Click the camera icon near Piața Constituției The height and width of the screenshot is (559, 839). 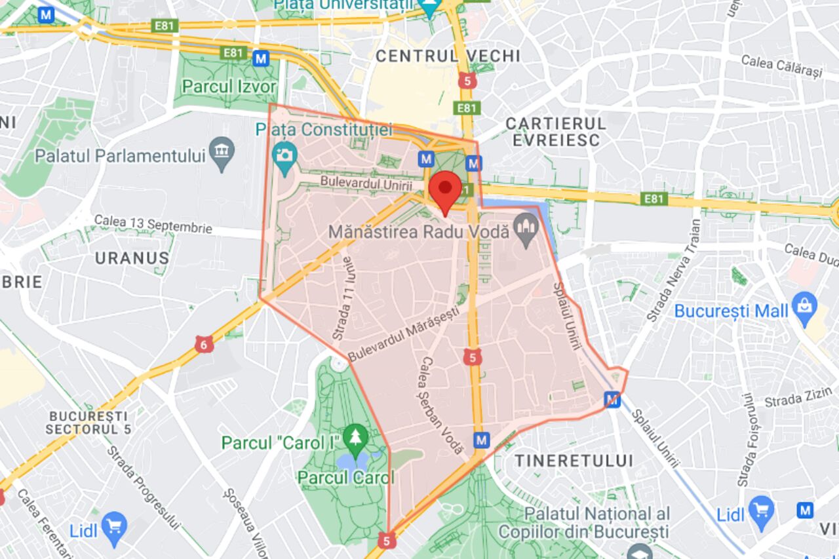284,158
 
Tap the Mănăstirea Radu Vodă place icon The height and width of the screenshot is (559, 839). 526,232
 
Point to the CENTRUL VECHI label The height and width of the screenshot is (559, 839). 448,56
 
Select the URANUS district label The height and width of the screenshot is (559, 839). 132,258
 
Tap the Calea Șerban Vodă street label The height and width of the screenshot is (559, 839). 442,406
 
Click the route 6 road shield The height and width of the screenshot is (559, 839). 204,344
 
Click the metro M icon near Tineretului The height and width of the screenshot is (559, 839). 482,439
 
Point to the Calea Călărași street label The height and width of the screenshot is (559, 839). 781,66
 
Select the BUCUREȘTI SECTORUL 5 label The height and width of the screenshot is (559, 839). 88,423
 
